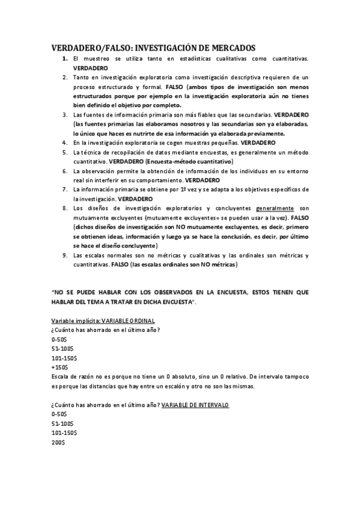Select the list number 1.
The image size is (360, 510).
point(64,59)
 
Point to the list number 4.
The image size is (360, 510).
point(64,143)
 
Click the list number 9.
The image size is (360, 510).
point(64,256)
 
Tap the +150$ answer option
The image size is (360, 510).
point(60,367)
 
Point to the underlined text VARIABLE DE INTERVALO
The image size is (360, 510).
point(195,405)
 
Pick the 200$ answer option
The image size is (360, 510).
point(58,443)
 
